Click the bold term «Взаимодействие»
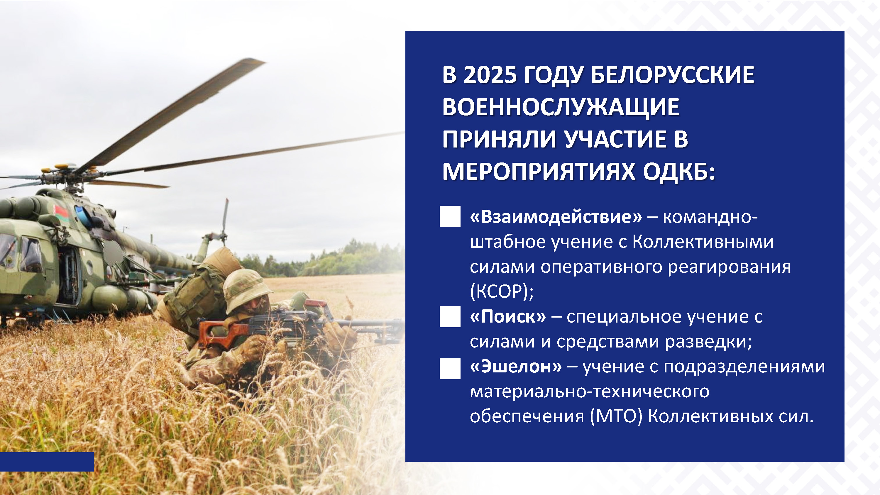coord(556,217)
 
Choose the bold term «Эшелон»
coord(516,366)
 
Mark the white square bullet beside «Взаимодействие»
coord(450,216)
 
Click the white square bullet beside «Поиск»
coord(450,316)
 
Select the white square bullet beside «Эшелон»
coord(450,368)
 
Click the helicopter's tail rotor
coord(224,222)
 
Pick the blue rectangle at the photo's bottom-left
coord(47,462)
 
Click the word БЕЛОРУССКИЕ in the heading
coord(672,75)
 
